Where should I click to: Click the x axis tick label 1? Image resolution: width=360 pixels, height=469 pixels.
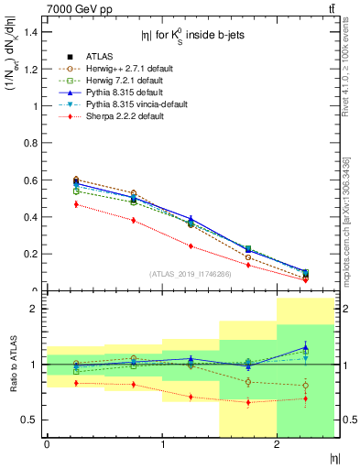coord(162,444)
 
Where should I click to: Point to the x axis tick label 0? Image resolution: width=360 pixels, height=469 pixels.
coord(47,444)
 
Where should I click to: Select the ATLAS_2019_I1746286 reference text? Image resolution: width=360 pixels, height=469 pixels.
coord(191,274)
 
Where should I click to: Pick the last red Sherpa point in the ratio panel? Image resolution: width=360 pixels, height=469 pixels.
coord(306,398)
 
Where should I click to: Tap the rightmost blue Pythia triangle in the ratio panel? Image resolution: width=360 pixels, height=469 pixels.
coord(306,347)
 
